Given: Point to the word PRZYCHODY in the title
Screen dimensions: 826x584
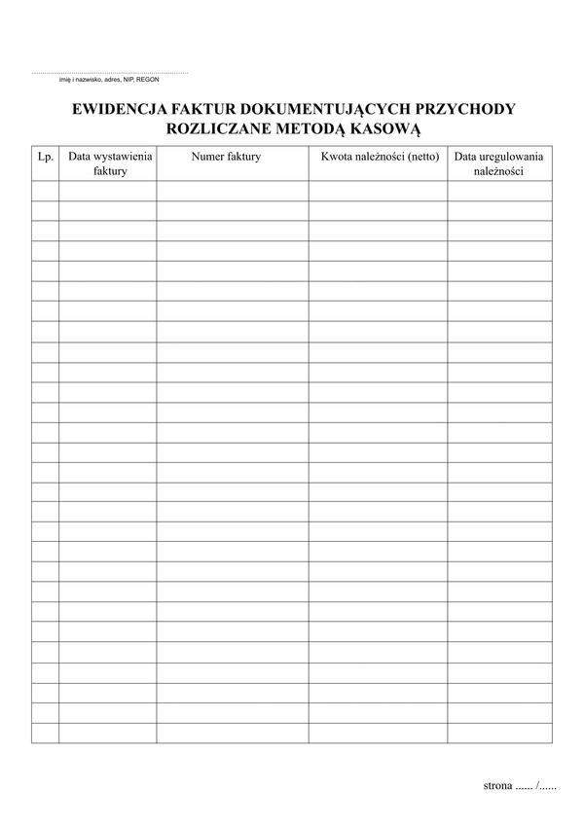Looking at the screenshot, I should point(465,109).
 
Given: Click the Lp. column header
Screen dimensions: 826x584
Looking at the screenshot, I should point(45,156).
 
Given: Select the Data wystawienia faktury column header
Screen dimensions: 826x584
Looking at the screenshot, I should point(110,163).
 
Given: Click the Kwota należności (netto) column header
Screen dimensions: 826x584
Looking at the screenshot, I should point(380,156).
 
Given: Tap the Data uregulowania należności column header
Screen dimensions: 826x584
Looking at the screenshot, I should point(499,163).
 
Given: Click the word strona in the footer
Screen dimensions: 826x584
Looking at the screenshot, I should point(497,785).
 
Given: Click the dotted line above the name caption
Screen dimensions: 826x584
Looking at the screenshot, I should point(110,73).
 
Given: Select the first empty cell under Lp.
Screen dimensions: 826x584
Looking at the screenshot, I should point(45,191).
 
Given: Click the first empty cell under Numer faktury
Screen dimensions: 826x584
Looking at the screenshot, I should point(233,191).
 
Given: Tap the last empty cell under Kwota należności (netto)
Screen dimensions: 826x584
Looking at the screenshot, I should point(379,733).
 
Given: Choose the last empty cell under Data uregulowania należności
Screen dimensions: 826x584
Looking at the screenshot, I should point(499,733).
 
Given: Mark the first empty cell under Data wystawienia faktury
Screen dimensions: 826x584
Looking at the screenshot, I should point(107,191).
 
